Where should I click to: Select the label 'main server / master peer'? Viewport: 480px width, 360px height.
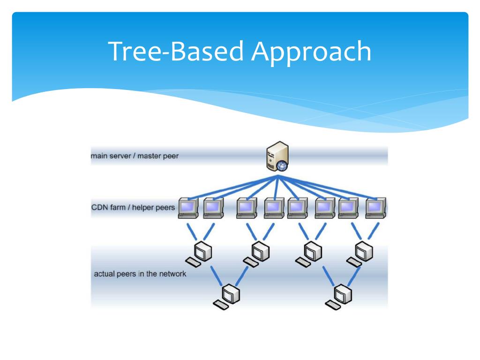[135, 156]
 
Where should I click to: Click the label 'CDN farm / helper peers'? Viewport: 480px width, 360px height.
[134, 207]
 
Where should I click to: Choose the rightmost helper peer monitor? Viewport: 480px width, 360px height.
[375, 207]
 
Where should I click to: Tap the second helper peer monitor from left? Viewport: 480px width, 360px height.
[213, 207]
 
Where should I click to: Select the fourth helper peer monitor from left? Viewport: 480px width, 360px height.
[273, 207]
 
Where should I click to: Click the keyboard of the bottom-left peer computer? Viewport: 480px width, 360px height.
[220, 305]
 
